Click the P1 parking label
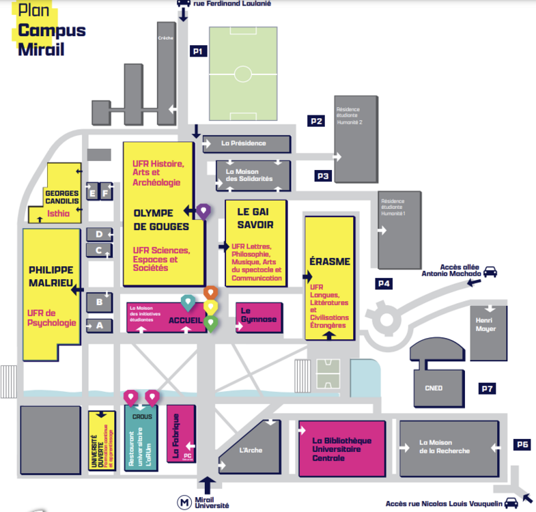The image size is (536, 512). click(198, 51)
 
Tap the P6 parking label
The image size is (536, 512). click(522, 444)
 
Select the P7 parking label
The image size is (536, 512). click(487, 389)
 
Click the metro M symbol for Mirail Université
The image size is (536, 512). click(184, 502)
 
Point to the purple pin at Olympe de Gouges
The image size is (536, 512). click(203, 211)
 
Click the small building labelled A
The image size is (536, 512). click(99, 326)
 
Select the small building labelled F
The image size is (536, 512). click(105, 193)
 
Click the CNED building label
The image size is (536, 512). click(434, 388)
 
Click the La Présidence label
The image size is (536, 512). click(244, 143)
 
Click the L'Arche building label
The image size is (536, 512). click(251, 450)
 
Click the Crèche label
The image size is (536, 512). click(165, 38)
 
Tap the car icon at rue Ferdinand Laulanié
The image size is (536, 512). click(183, 4)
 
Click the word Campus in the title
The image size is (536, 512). click(52, 30)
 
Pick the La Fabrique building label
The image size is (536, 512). click(175, 436)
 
